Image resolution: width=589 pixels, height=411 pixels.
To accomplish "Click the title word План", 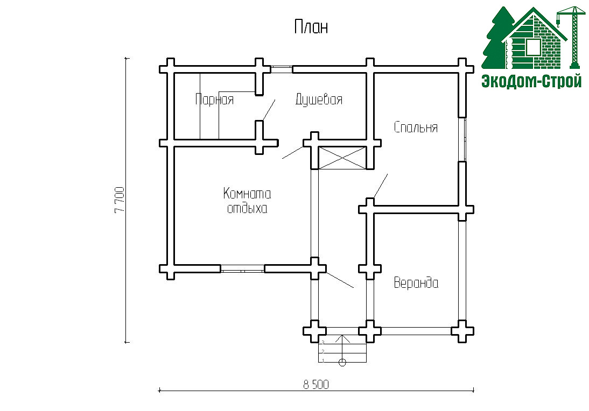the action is click(x=311, y=27).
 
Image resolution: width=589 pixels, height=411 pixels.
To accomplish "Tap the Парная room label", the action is click(x=214, y=100).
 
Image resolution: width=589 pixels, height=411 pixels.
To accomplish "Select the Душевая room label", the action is click(x=319, y=100).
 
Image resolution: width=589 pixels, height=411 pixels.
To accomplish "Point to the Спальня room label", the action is click(x=416, y=127).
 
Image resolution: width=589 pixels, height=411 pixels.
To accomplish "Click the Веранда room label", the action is click(x=416, y=282).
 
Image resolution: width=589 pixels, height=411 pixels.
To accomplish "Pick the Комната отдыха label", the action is click(x=247, y=201).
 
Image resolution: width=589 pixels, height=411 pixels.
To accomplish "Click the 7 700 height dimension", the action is click(x=120, y=200).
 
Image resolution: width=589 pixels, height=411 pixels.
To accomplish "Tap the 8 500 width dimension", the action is click(x=316, y=385).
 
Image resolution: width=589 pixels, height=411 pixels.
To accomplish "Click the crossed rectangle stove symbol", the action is click(x=342, y=158).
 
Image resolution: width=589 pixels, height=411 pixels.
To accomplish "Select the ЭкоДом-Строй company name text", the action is click(x=531, y=81).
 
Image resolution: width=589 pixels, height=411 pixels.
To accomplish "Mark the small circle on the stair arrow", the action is click(x=342, y=363).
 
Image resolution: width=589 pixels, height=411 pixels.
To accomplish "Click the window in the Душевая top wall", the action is click(x=282, y=69).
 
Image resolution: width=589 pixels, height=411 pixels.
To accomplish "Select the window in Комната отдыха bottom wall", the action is click(x=242, y=269).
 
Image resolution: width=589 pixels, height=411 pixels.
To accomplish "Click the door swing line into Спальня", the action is click(x=381, y=186).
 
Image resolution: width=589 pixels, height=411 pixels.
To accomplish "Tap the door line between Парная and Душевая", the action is click(x=269, y=110).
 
